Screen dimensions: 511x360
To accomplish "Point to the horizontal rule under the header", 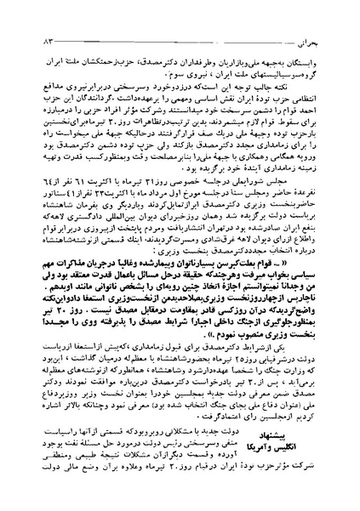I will (180, 25).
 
